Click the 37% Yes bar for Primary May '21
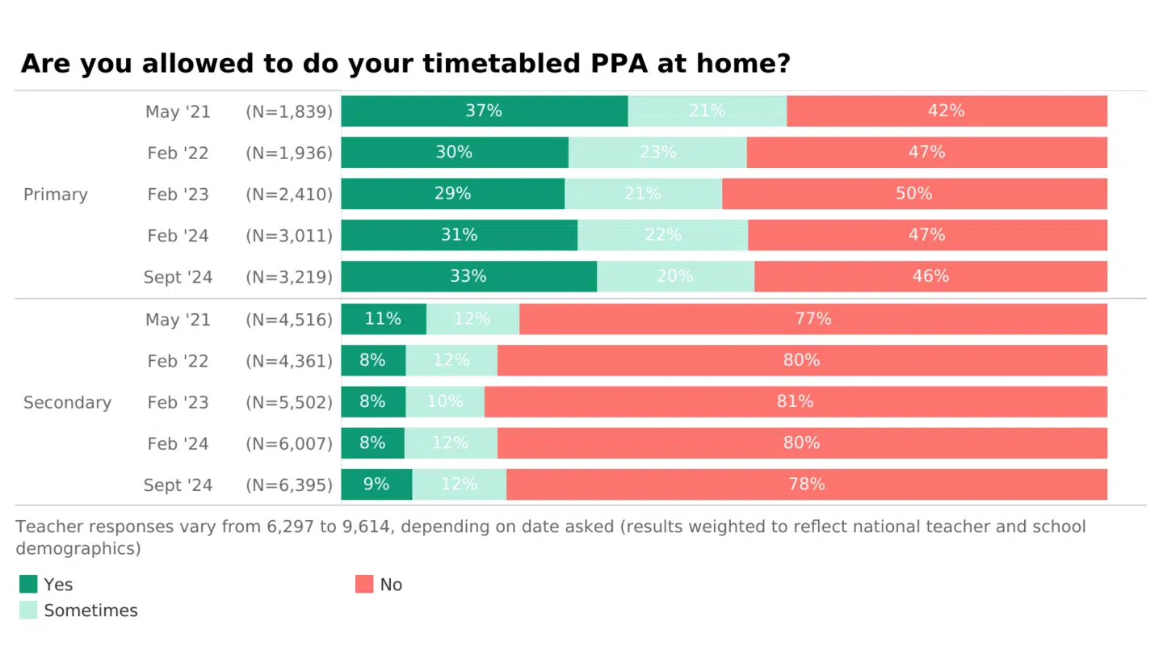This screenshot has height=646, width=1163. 484,111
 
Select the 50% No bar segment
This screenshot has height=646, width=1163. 914,194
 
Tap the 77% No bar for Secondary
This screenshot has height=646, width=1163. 812,319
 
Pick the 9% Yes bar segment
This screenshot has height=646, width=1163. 376,484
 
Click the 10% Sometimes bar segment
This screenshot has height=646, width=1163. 445,401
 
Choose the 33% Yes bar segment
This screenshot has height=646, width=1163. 468,276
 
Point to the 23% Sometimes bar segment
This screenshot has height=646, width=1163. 657,152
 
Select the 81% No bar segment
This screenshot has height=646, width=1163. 796,401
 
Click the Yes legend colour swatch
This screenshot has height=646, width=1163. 28,584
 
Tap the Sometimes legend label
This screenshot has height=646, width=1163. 90,610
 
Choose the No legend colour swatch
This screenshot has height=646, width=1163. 364,584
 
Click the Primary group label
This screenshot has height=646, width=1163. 56,195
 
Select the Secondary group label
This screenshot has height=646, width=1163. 67,402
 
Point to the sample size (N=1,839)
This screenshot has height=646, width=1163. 289,111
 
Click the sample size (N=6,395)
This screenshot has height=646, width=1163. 289,484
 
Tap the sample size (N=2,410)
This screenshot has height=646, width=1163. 289,195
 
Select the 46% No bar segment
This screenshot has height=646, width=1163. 930,276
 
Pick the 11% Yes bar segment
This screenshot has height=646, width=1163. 383,319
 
